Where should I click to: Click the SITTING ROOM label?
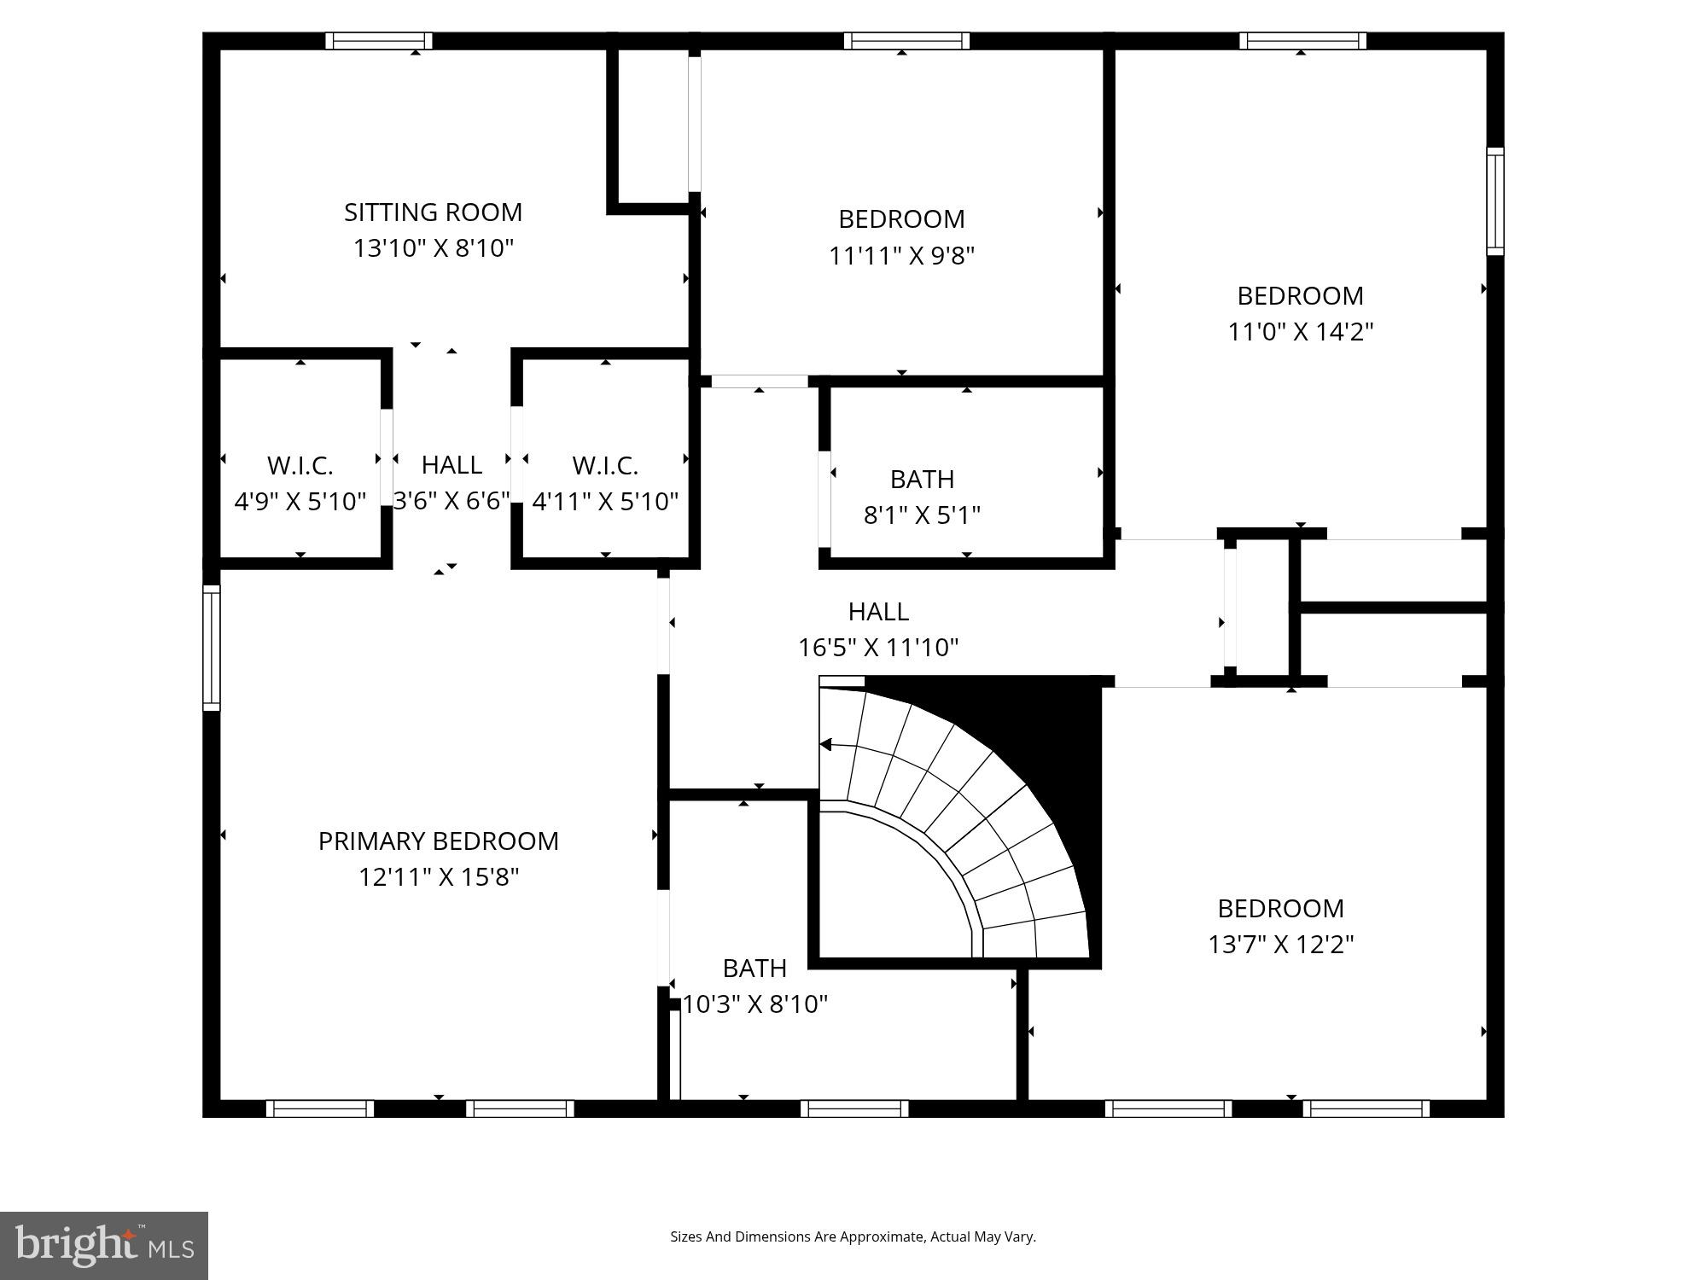pos(433,212)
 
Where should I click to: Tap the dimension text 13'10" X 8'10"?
pos(433,248)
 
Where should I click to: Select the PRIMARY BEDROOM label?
pos(438,841)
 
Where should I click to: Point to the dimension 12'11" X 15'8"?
pos(438,877)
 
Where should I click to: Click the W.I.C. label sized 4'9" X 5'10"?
pos(300,466)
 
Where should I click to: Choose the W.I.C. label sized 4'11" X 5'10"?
pos(605,466)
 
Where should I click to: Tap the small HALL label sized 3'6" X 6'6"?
pos(452,465)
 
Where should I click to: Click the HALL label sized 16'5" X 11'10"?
pos(878,612)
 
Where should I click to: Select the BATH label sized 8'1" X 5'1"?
pos(922,480)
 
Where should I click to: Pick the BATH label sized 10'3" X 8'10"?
pos(754,969)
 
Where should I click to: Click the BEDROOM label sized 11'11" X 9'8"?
pos(901,219)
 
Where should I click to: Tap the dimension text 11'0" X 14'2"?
pos(1300,332)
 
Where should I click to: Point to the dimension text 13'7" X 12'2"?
pos(1280,945)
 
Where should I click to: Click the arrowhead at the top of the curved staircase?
pos(825,745)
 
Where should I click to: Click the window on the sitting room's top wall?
pos(379,41)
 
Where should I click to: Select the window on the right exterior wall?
pos(1494,201)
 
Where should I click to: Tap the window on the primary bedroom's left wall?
pos(211,648)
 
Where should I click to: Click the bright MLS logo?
pos(104,1246)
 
